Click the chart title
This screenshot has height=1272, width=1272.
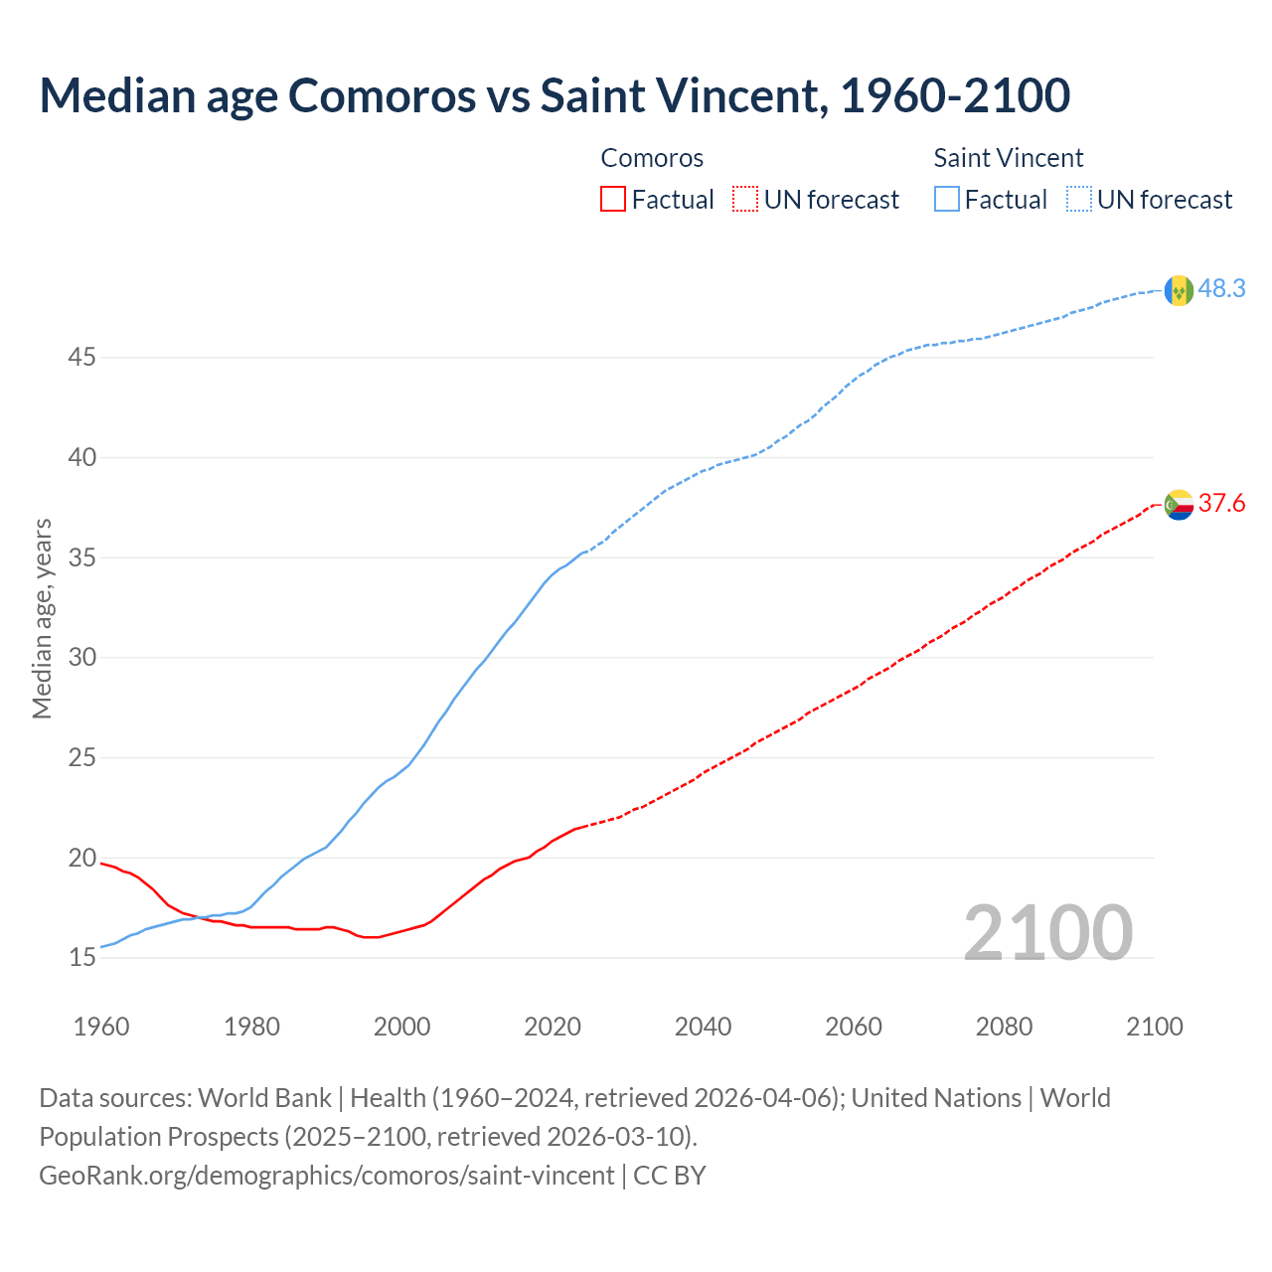555,95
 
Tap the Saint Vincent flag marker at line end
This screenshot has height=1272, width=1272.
1179,290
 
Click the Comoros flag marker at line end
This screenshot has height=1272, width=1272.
1179,505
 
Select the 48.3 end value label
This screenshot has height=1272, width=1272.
1221,289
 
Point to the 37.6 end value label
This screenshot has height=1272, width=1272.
1221,504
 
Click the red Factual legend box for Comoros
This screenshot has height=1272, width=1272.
613,200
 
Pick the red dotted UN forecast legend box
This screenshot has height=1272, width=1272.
745,200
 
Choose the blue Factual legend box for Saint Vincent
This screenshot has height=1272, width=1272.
947,200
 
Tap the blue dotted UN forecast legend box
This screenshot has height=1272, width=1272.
1079,200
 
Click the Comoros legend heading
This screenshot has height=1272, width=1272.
652,158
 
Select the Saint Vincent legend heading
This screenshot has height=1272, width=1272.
1008,158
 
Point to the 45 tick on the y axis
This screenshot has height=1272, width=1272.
81,357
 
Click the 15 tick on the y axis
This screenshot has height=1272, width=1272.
81,958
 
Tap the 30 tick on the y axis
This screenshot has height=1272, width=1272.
81,657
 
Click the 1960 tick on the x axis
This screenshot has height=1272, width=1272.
101,1027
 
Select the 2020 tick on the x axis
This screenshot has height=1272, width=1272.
553,1027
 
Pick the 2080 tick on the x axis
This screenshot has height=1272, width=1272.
1004,1027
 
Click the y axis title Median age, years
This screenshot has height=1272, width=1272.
42,618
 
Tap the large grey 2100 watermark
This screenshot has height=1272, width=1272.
1047,933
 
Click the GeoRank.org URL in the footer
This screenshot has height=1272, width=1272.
326,1176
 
